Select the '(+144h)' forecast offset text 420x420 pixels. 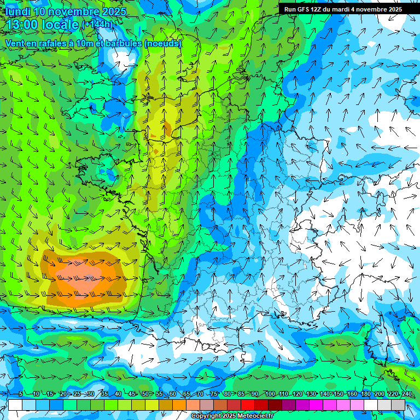97,25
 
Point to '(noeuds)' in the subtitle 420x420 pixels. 163,43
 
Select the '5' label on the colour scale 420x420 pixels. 21,394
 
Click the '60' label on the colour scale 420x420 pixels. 173,394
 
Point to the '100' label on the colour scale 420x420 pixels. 270,394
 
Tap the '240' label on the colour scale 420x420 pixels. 406,394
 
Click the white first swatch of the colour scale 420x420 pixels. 15,405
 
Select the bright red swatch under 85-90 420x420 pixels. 248,405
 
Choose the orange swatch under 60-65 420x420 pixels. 179,405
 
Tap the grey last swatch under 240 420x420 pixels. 398,405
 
